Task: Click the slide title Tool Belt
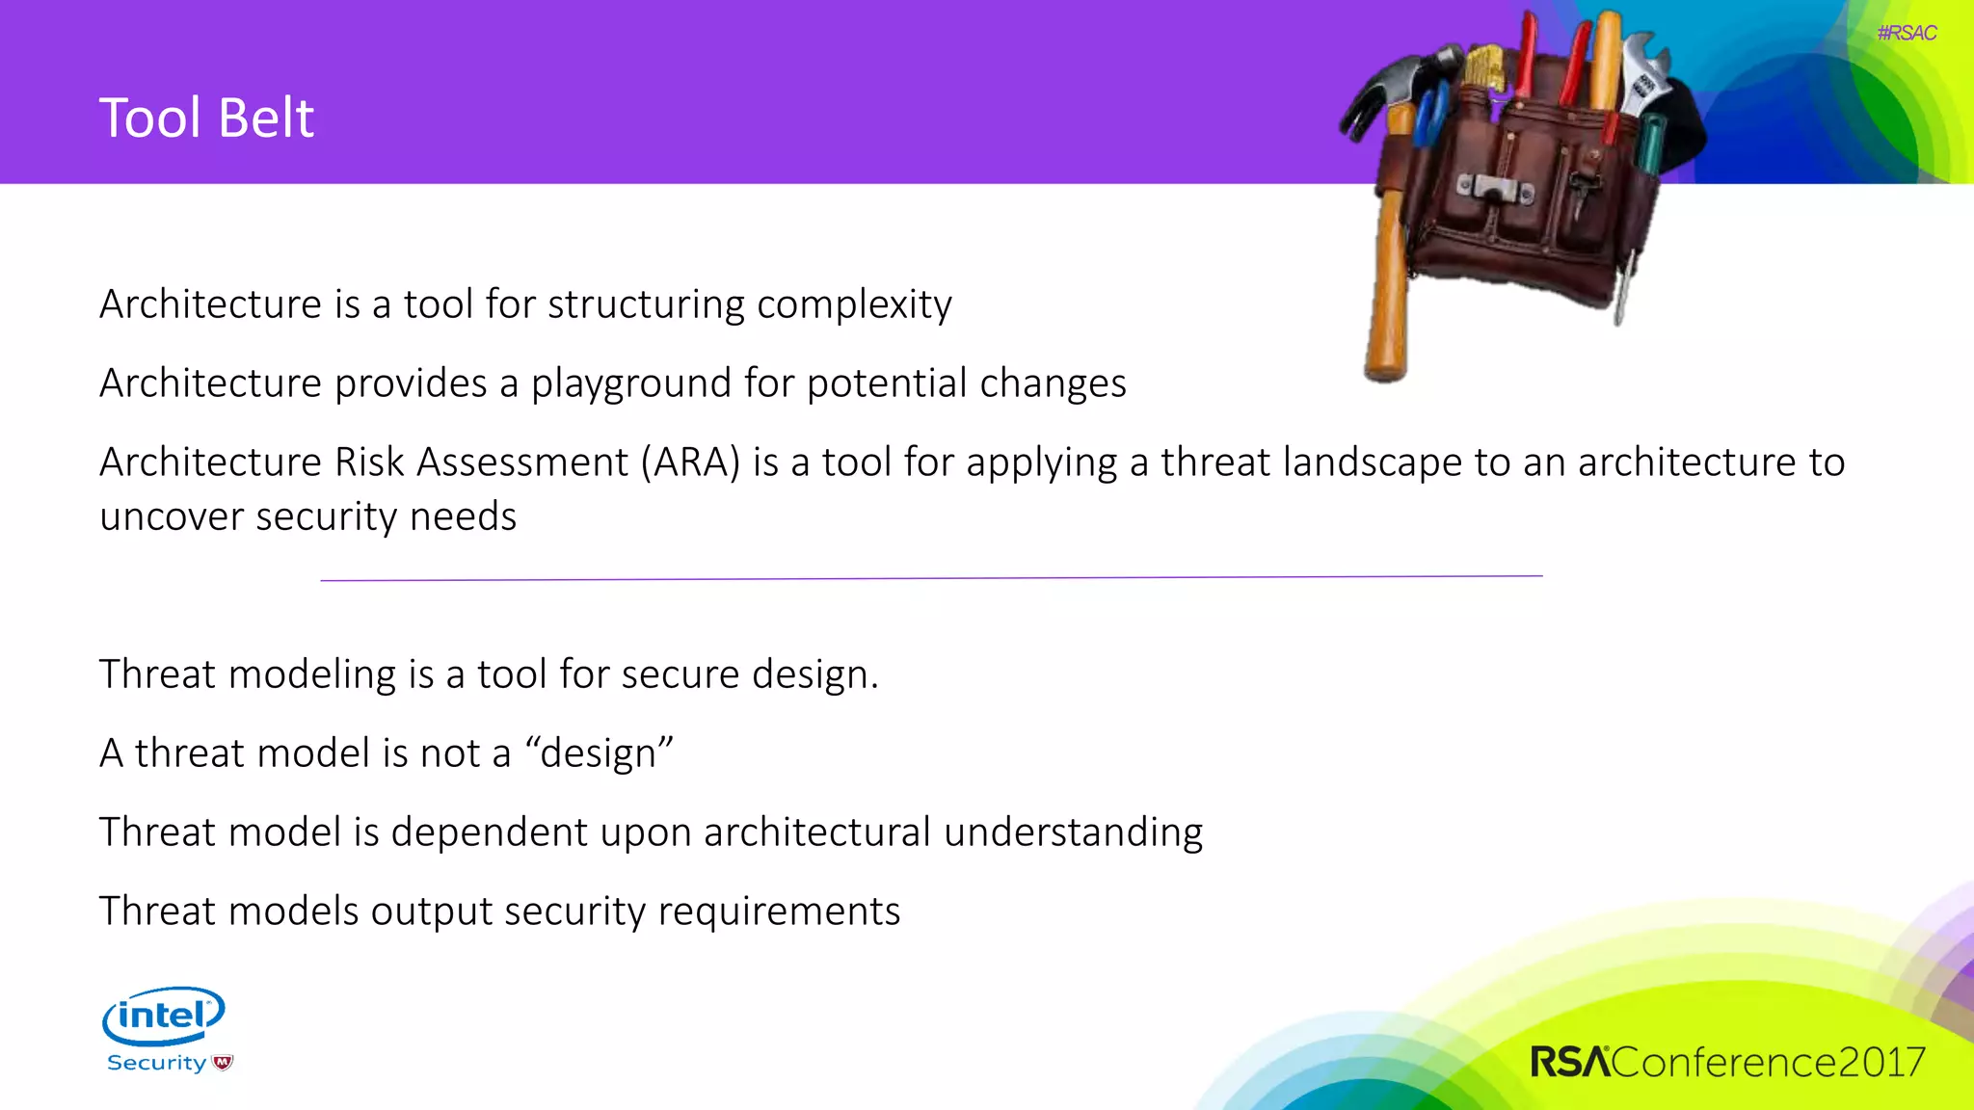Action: click(x=206, y=119)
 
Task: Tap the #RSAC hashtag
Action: click(x=1907, y=33)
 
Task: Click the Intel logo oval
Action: click(x=164, y=1015)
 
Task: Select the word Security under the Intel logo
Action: click(x=156, y=1063)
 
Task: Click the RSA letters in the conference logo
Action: click(x=1569, y=1062)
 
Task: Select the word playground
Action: click(x=631, y=384)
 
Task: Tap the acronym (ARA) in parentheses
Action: click(x=690, y=462)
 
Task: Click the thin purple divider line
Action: click(x=931, y=578)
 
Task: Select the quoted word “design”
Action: click(x=599, y=753)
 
